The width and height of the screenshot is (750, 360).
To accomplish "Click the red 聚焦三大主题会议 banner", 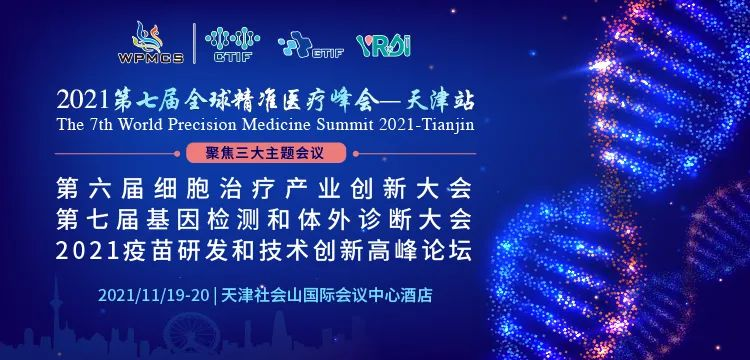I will pos(265,154).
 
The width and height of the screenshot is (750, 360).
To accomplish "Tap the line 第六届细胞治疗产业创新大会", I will pos(265,186).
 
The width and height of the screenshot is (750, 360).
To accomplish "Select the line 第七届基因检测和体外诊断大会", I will pos(265,216).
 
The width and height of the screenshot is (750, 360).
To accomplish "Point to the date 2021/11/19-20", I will pos(154,296).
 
